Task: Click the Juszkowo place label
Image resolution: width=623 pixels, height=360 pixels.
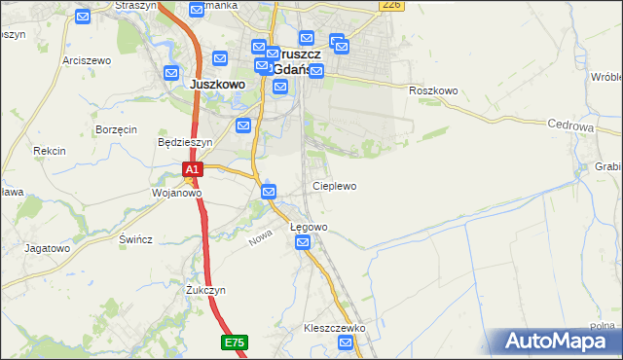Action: point(216,84)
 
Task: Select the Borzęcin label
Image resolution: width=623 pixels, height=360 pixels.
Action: point(116,129)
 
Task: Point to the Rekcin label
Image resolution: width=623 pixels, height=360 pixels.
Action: point(49,151)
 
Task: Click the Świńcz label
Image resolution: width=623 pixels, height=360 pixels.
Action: point(135,239)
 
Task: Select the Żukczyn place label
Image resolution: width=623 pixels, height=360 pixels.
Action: point(205,290)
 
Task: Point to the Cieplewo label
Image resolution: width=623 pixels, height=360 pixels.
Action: point(334,185)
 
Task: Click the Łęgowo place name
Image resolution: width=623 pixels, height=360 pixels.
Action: point(310,227)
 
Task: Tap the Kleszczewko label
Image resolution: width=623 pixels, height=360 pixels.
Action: point(334,329)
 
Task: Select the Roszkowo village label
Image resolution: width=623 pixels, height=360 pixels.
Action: point(433,90)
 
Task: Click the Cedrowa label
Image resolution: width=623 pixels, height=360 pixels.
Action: point(570,126)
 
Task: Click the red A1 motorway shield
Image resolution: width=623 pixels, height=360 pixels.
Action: point(193,169)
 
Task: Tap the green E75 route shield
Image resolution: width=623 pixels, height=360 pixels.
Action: point(234,342)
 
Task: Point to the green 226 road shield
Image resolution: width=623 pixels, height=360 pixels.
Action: point(391,5)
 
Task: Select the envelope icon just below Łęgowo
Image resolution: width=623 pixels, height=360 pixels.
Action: point(303,242)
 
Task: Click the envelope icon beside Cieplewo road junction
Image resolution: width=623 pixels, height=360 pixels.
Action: point(269,193)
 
